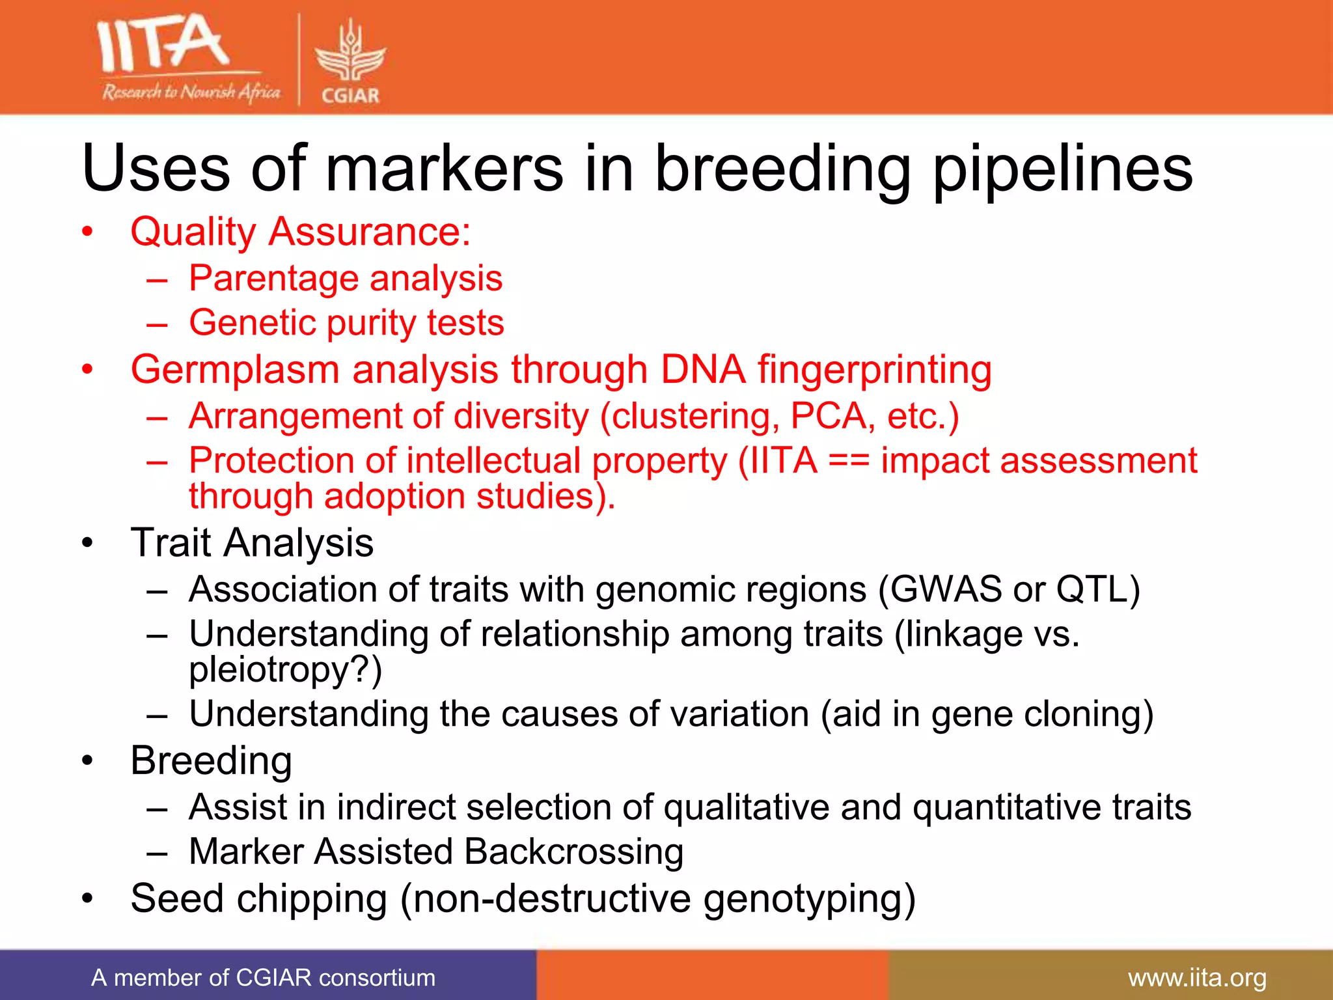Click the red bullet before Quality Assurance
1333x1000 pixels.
coord(88,232)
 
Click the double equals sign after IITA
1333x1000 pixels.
coord(849,462)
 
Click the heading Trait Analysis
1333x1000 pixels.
coord(252,543)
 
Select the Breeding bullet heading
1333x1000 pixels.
coord(211,760)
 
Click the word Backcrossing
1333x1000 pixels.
coord(573,852)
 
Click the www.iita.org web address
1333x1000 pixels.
coord(1197,978)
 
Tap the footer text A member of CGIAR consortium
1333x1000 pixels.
coord(263,978)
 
